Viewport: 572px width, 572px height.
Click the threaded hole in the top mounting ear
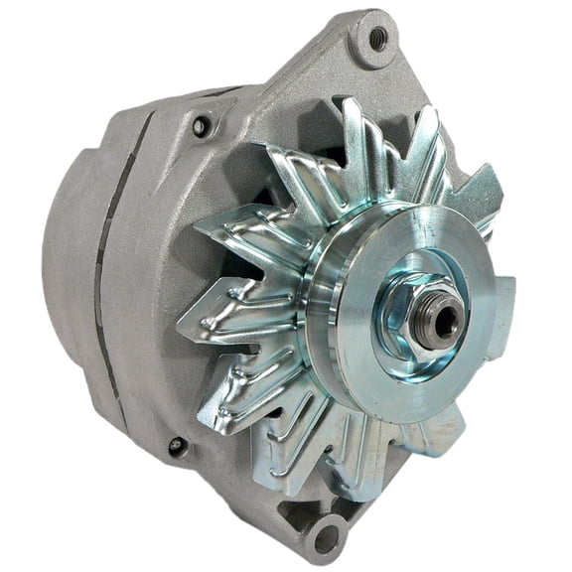click(x=377, y=38)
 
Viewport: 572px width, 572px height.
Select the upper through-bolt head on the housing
click(x=202, y=126)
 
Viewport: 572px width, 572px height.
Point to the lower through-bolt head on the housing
click(x=177, y=447)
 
